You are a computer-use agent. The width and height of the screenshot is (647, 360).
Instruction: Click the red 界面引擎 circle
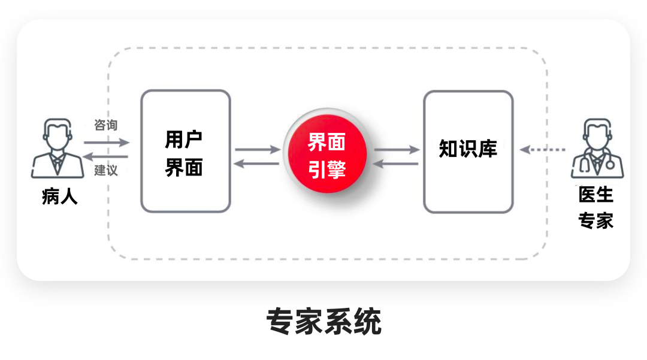(x=327, y=155)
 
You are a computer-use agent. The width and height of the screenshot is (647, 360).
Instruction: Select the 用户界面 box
(x=185, y=151)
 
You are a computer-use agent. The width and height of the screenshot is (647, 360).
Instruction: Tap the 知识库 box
(x=468, y=151)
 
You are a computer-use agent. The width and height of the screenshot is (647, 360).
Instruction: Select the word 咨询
(x=106, y=125)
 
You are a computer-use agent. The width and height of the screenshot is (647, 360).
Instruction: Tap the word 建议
(x=106, y=171)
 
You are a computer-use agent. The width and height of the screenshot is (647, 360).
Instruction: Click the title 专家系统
(x=323, y=322)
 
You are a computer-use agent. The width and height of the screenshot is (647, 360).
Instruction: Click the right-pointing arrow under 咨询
(x=107, y=143)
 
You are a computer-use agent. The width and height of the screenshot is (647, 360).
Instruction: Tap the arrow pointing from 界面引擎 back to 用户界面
(x=258, y=163)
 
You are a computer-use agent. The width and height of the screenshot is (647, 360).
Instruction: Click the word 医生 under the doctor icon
(x=596, y=195)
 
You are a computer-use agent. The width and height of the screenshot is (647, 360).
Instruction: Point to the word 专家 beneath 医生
(x=596, y=220)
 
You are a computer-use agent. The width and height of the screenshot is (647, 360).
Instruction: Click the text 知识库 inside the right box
(x=468, y=149)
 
